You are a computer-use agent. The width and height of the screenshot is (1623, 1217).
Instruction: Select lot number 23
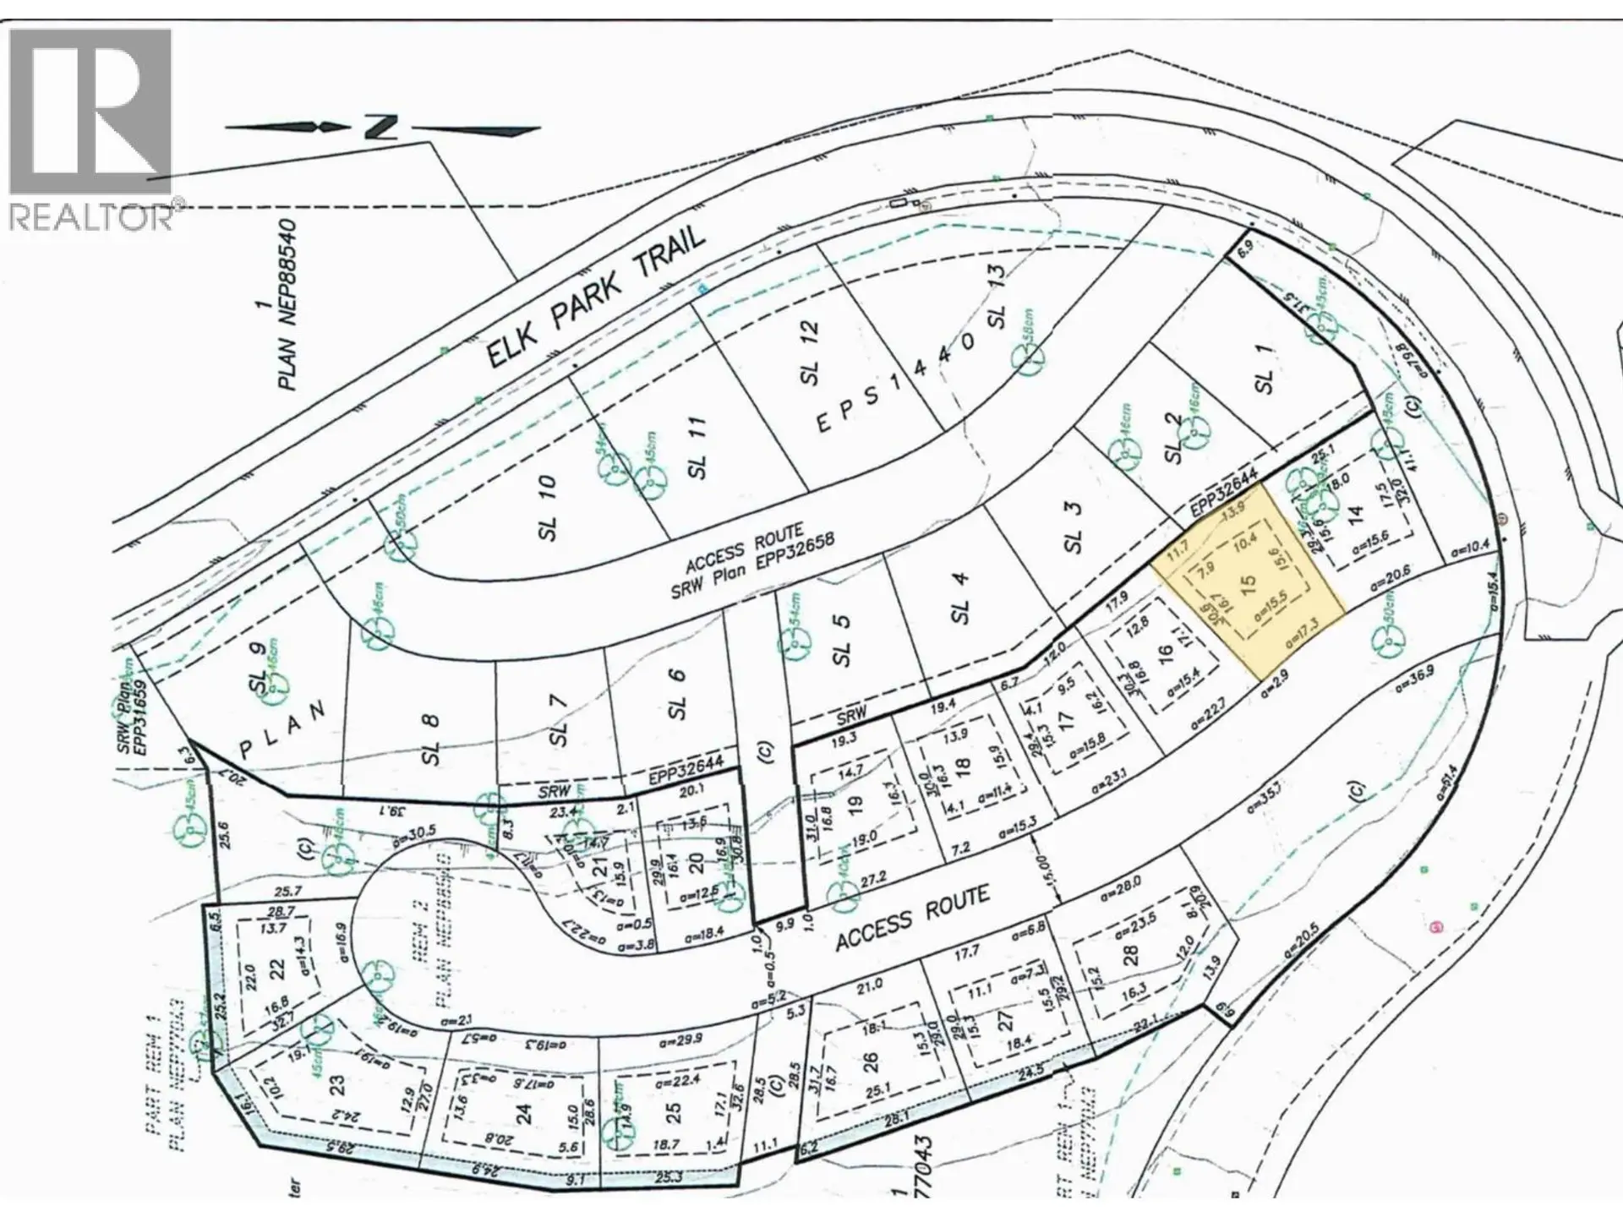tap(336, 1083)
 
